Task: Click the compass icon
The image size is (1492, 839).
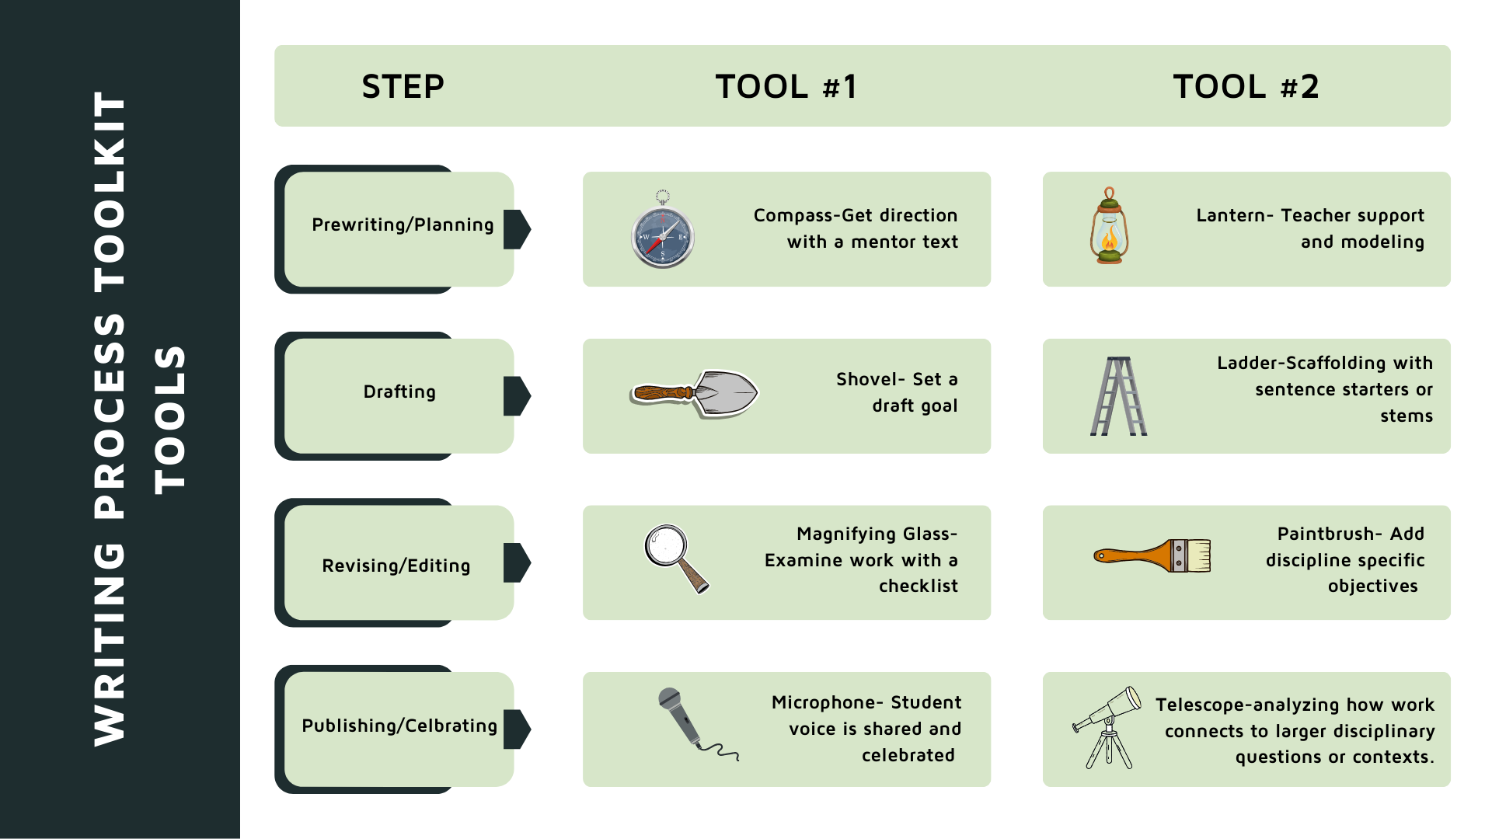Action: point(663,235)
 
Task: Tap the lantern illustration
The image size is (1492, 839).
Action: point(1109,227)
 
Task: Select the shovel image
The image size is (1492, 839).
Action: point(694,394)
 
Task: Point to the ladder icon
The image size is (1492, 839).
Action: point(1119,396)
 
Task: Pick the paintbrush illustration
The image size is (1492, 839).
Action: point(1152,556)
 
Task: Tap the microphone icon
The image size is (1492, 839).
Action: point(688,721)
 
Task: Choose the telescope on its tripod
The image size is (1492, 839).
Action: point(1107,727)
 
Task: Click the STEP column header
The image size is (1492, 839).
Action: point(403,86)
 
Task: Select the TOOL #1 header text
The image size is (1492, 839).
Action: point(786,86)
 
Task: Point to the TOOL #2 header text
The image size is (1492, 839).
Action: point(1246,86)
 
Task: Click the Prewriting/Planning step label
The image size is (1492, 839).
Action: point(403,225)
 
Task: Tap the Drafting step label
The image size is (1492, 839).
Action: point(399,392)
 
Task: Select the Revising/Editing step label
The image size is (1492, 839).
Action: point(396,566)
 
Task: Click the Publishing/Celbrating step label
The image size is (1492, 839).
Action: point(399,726)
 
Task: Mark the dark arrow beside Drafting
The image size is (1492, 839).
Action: point(516,396)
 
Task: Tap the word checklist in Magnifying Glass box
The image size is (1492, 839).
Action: point(918,587)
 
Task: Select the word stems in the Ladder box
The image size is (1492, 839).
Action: point(1406,416)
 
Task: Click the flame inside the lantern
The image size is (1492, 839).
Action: point(1110,238)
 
